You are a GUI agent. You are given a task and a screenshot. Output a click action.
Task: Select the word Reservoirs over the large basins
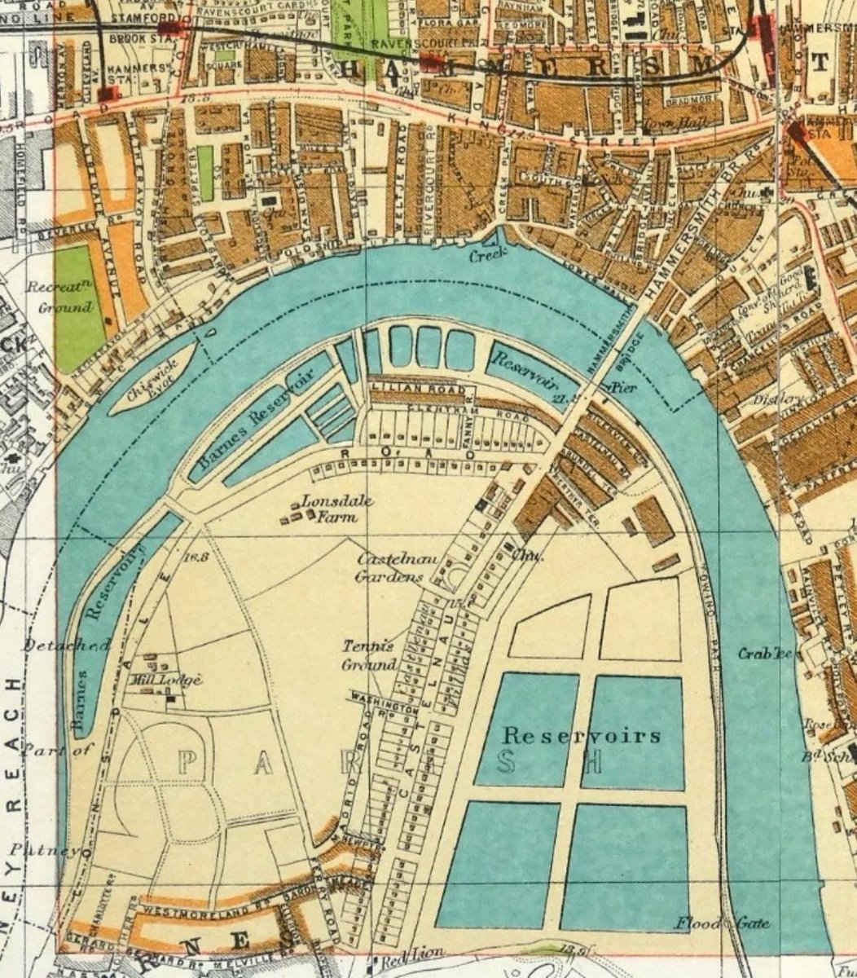click(x=581, y=736)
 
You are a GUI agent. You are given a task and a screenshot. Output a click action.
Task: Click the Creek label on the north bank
click(x=488, y=254)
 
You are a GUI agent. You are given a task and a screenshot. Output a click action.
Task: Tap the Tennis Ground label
click(x=368, y=654)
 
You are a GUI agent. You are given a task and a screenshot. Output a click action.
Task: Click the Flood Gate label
click(x=721, y=923)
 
